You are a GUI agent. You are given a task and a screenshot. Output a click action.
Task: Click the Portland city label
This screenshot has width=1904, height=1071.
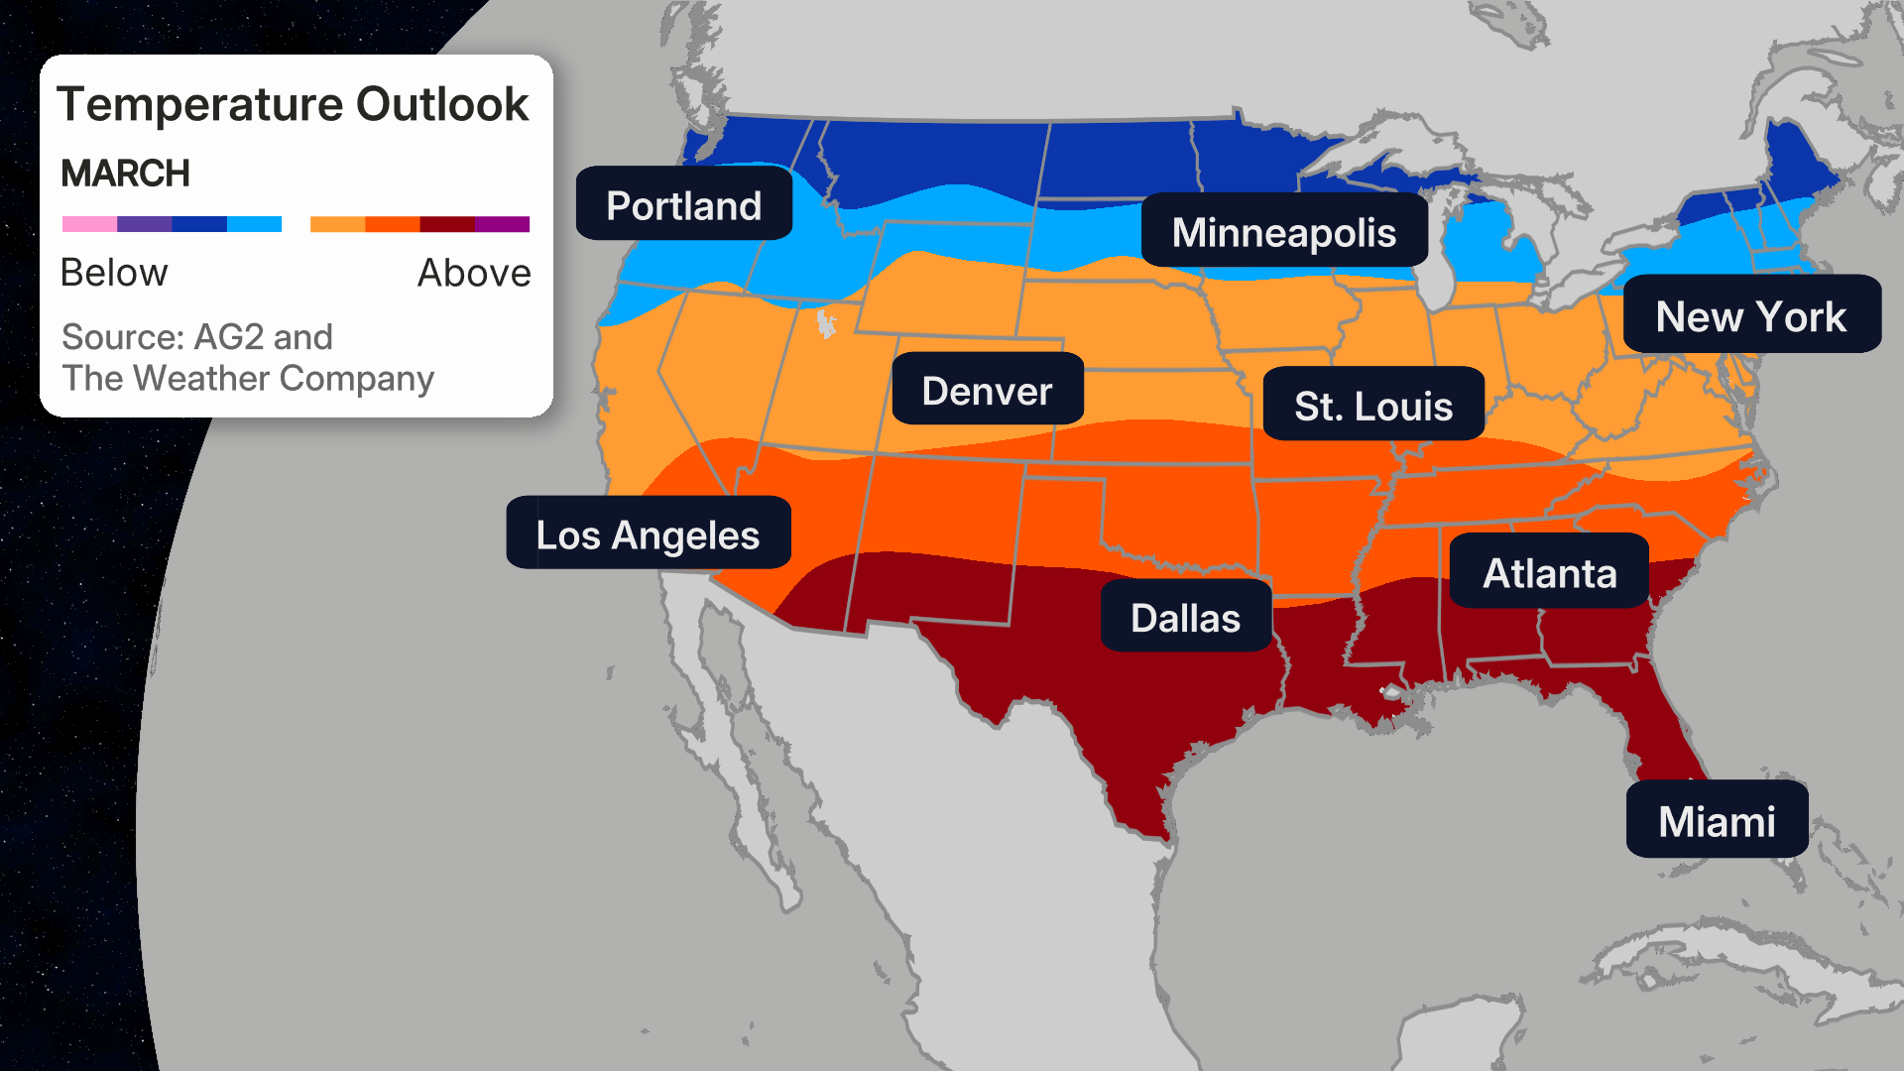click(x=683, y=205)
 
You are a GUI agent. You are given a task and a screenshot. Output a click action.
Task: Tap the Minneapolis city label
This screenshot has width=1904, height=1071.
click(x=1283, y=232)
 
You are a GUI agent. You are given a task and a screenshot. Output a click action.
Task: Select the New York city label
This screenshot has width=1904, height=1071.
click(x=1750, y=316)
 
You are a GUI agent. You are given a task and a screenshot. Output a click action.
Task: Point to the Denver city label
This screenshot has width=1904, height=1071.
click(x=987, y=391)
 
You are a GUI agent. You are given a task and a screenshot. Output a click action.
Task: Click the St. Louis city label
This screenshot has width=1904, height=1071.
click(x=1372, y=406)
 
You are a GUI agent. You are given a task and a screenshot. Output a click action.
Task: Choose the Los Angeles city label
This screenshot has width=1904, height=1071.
click(x=648, y=535)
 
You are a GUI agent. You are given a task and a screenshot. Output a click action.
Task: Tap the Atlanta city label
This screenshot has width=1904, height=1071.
click(x=1549, y=573)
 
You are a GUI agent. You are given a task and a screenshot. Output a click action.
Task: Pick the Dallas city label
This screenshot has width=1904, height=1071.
click(x=1185, y=618)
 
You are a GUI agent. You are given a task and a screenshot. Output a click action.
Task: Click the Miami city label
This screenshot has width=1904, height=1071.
click(x=1717, y=821)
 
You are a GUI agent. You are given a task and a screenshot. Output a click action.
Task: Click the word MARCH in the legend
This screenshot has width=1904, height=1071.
click(x=125, y=174)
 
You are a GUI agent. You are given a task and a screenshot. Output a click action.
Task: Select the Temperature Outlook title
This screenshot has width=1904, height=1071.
click(x=293, y=104)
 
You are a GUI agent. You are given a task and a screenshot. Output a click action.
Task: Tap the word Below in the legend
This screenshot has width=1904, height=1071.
click(x=114, y=273)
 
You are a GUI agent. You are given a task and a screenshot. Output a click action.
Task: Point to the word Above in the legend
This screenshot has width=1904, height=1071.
click(x=474, y=273)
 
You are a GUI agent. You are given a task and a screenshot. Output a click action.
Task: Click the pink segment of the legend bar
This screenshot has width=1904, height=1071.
click(x=89, y=224)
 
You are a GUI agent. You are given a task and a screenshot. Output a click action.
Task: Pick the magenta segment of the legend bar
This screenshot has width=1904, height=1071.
click(x=502, y=224)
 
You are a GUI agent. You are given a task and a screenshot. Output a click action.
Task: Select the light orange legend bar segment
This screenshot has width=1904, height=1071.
click(x=337, y=224)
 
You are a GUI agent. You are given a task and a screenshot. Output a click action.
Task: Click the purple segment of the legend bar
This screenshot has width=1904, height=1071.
click(x=144, y=224)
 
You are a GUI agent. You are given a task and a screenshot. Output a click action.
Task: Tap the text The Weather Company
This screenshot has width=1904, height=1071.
click(x=248, y=379)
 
